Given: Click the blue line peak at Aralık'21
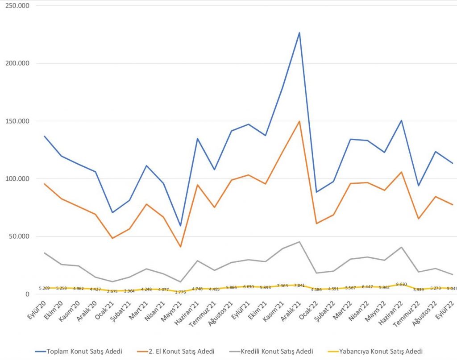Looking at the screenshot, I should click(299, 33).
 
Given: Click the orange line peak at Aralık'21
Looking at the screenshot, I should click(299, 121).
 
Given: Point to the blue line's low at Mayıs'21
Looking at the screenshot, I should click(180, 226).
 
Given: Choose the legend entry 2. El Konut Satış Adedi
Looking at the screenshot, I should click(181, 351).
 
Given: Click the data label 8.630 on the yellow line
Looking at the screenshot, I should click(401, 284).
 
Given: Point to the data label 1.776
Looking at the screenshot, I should click(180, 292).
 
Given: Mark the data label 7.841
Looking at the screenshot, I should click(299, 286).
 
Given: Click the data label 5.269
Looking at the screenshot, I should click(44, 288).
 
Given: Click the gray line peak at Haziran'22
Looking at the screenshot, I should click(401, 247).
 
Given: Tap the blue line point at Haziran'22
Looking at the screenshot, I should click(401, 120).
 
